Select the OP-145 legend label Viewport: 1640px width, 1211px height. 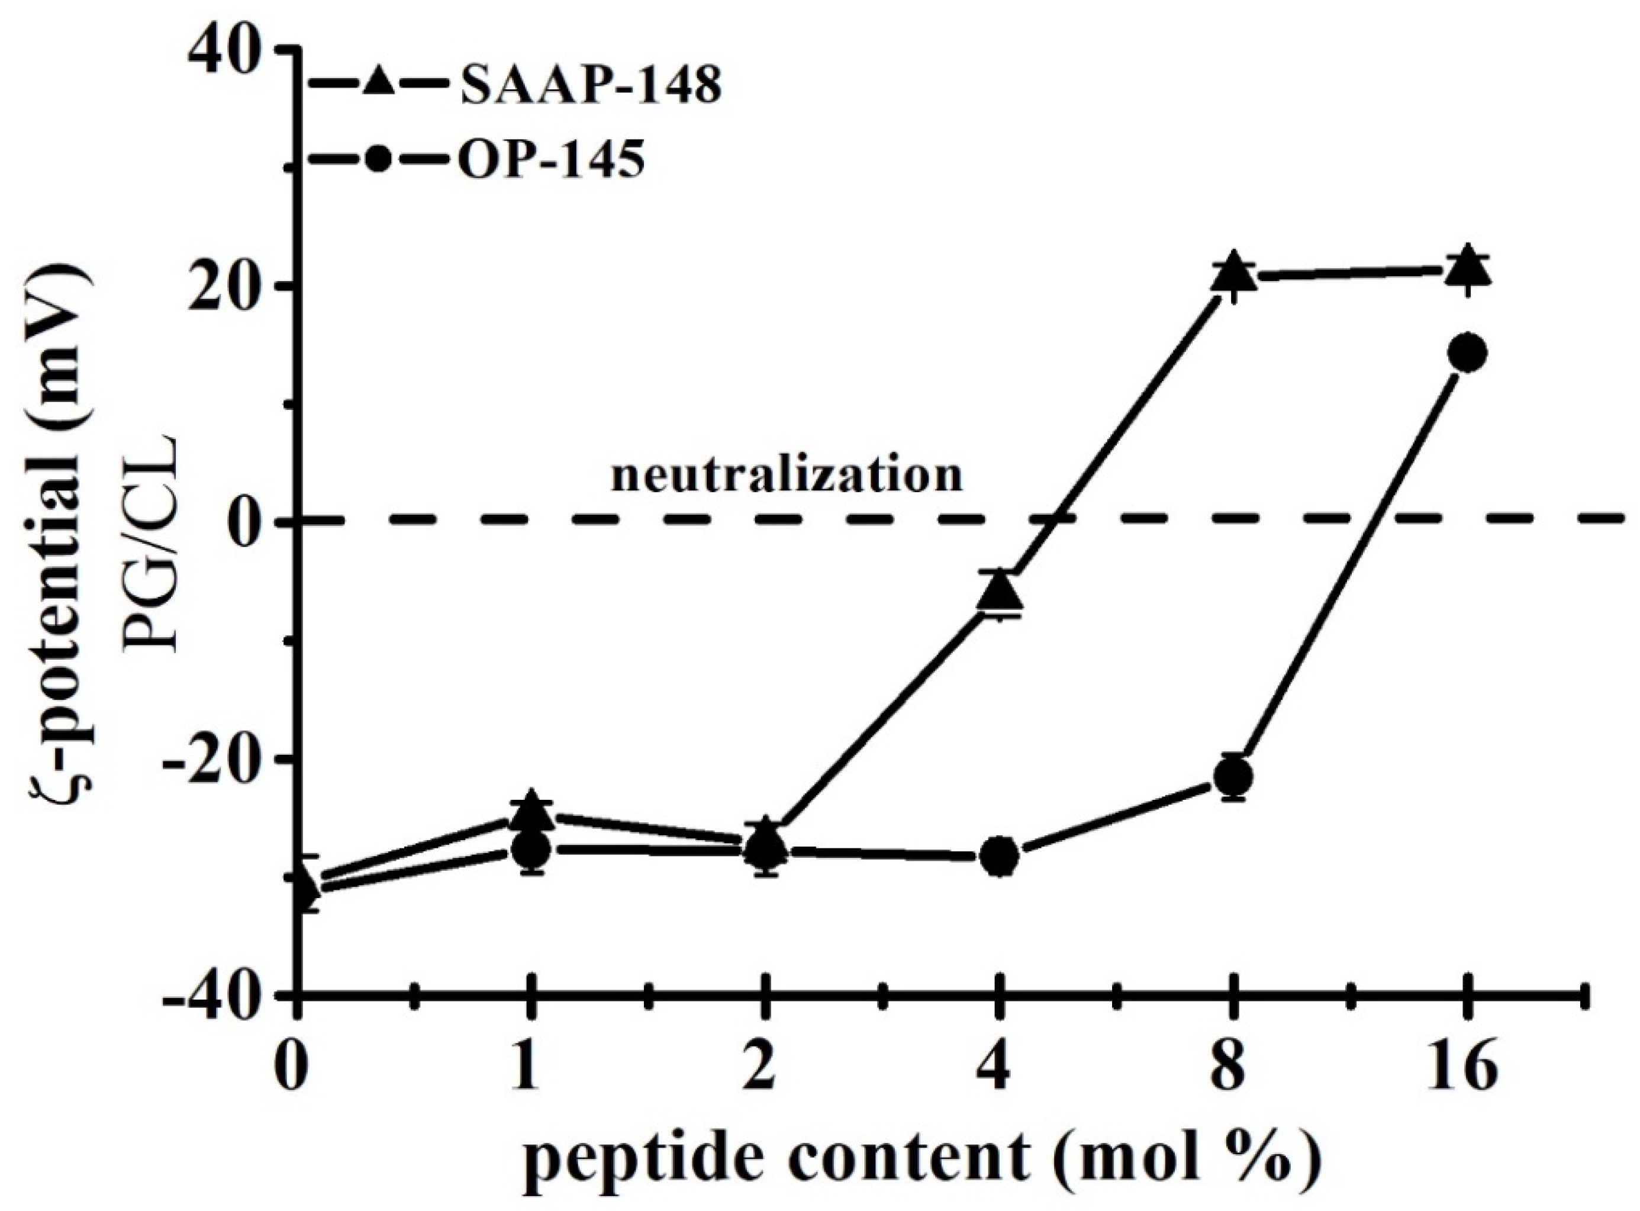coord(552,159)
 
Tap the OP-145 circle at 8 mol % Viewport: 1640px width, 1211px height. coord(1233,776)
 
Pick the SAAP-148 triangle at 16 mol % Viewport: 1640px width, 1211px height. coord(1466,269)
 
